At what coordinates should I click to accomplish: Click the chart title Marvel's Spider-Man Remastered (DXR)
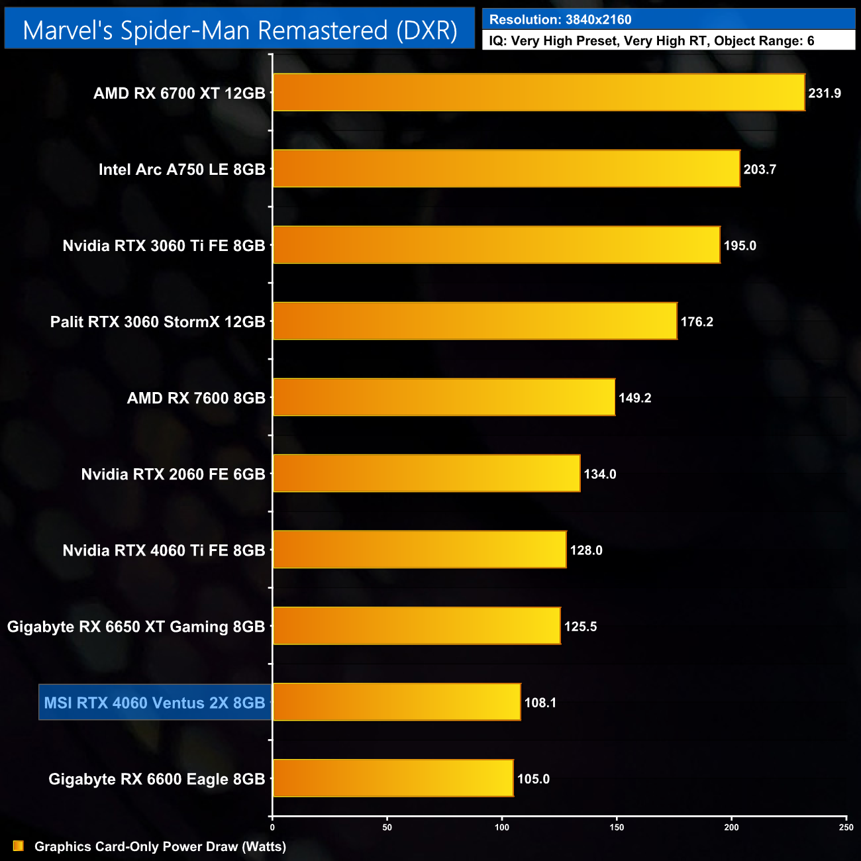click(240, 30)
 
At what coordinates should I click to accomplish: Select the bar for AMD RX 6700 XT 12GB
click(538, 93)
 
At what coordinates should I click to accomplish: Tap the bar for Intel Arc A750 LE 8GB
click(506, 169)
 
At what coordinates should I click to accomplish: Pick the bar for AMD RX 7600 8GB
click(444, 397)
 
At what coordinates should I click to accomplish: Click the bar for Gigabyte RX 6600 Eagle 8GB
click(393, 778)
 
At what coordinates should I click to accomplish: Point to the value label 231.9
click(825, 93)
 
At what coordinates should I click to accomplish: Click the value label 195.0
click(740, 246)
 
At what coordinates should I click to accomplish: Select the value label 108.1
click(540, 703)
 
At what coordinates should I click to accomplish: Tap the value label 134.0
click(600, 474)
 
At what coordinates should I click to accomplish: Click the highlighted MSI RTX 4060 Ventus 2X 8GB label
click(155, 703)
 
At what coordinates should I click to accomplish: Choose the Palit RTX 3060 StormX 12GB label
click(158, 322)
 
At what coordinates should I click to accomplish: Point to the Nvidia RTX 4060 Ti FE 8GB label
click(164, 550)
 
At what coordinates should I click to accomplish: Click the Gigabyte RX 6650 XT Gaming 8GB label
click(136, 627)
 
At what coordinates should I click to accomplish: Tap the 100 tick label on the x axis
click(502, 827)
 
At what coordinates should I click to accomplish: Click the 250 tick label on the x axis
click(846, 827)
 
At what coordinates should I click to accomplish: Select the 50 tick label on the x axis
click(387, 827)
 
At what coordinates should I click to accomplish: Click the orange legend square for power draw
click(19, 846)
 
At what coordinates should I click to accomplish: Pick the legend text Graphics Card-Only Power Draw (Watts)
click(160, 846)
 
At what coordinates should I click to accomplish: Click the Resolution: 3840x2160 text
click(560, 20)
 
